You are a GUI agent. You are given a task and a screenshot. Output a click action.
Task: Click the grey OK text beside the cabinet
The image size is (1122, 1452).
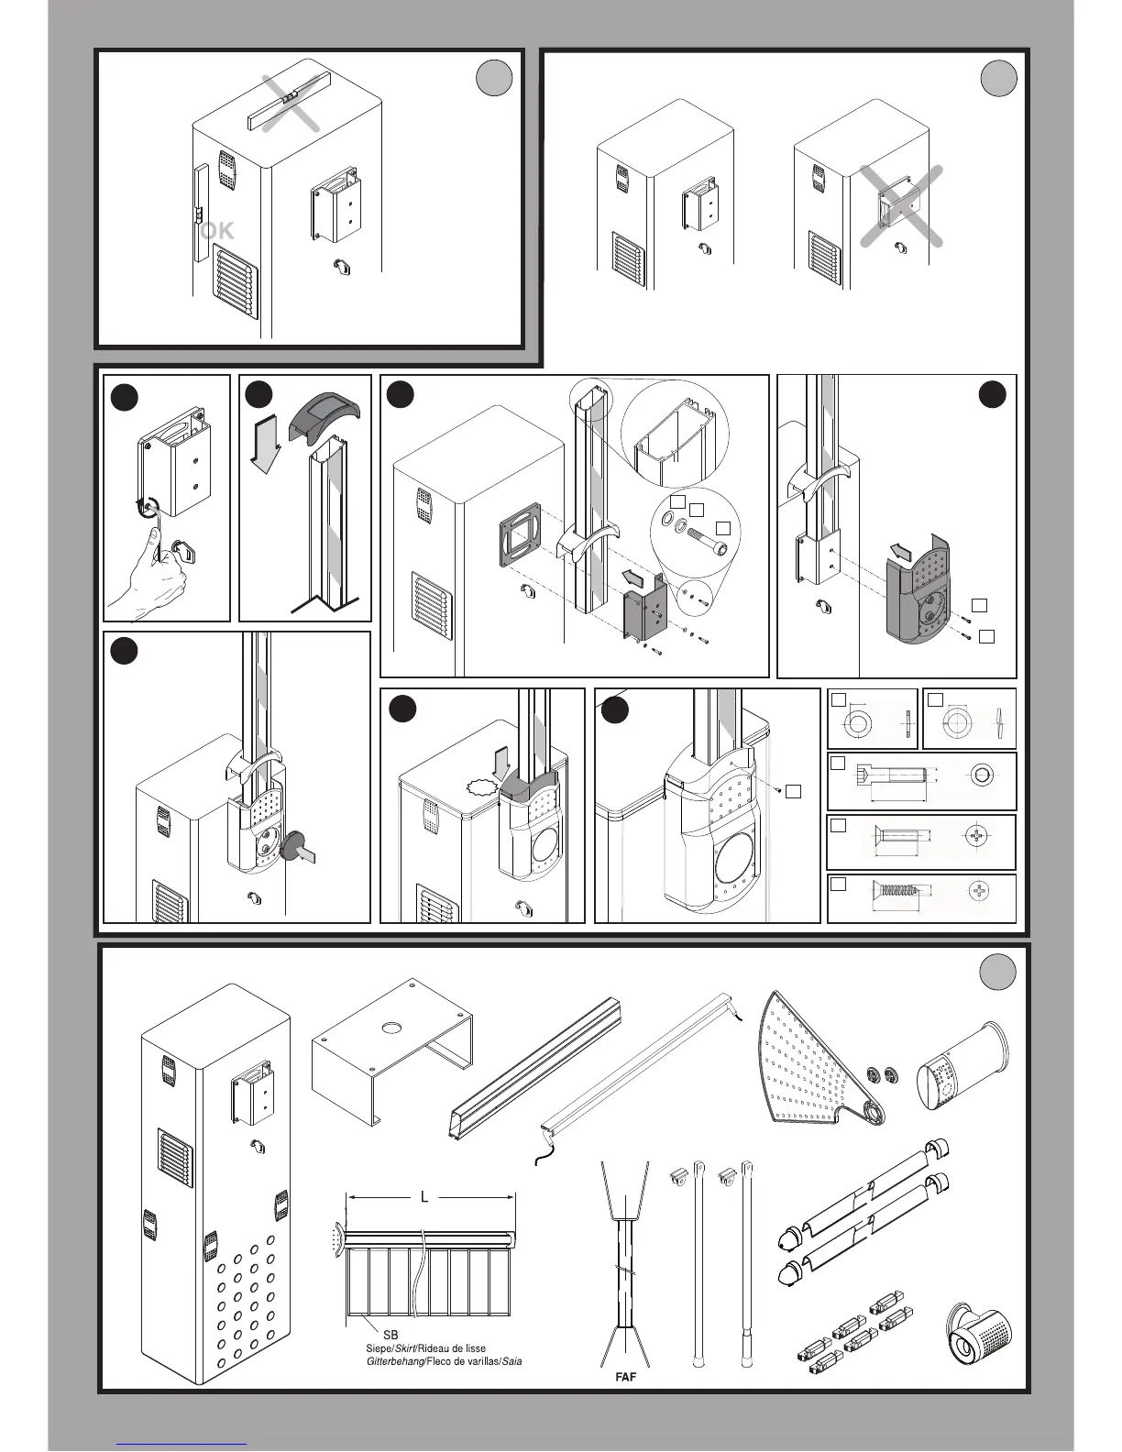[217, 231]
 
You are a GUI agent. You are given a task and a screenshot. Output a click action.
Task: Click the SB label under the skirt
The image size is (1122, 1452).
[377, 1335]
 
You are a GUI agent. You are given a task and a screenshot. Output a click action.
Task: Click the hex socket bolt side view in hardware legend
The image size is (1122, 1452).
[890, 779]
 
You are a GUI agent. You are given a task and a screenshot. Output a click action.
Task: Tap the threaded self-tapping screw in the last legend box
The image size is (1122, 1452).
[904, 890]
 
